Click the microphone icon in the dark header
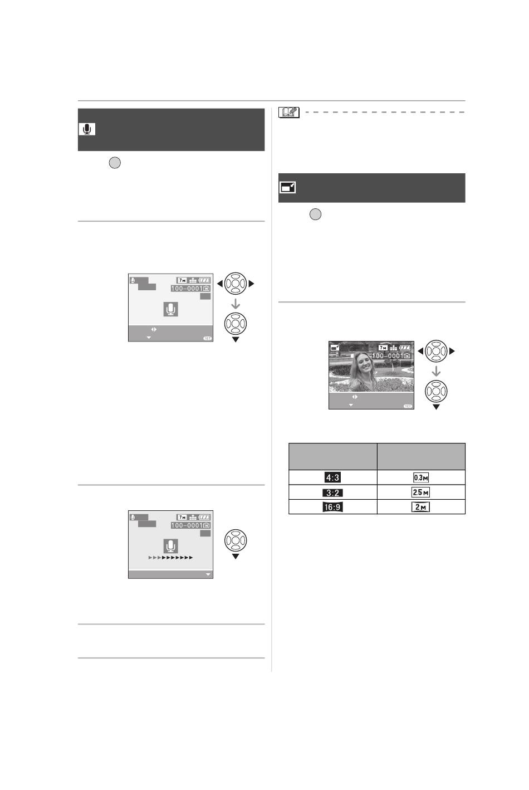tap(87, 129)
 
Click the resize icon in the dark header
tap(287, 187)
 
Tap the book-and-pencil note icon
tap(289, 112)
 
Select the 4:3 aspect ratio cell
tap(332, 477)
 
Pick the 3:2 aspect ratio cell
tap(332, 492)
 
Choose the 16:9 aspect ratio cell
tap(332, 507)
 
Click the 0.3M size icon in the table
tap(421, 477)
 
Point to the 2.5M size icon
tap(420, 492)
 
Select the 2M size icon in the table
tap(420, 507)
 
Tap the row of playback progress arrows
tap(170, 558)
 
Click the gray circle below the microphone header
tap(115, 163)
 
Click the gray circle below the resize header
tap(315, 214)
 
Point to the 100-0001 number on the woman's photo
tap(388, 356)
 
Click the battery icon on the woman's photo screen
tap(405, 348)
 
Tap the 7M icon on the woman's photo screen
tap(383, 348)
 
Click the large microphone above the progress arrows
tap(170, 545)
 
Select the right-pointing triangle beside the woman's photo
tap(452, 351)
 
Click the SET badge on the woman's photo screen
tap(408, 406)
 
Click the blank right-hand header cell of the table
tap(421, 456)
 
